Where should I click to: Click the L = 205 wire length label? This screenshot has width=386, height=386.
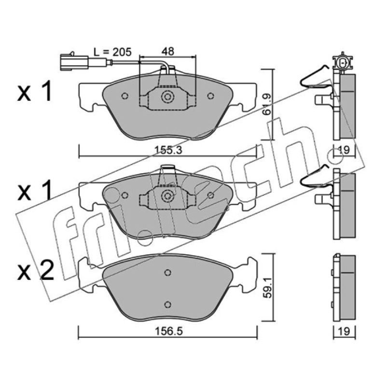pyautogui.click(x=112, y=52)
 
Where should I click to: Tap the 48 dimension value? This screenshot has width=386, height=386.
pyautogui.click(x=167, y=51)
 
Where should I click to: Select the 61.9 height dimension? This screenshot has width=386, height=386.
pyautogui.click(x=267, y=104)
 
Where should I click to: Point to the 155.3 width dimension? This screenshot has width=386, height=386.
pyautogui.click(x=168, y=150)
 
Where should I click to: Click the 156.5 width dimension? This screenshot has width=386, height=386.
pyautogui.click(x=168, y=331)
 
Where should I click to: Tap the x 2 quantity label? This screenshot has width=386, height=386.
pyautogui.click(x=35, y=271)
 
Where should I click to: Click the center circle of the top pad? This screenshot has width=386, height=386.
pyautogui.click(x=167, y=96)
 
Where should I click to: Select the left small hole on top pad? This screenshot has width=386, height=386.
pyautogui.click(x=125, y=96)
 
